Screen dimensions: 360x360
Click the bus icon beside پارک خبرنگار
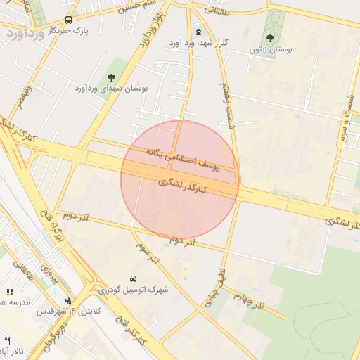68,20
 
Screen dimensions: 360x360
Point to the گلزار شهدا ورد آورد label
199,43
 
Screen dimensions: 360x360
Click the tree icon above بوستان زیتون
270,38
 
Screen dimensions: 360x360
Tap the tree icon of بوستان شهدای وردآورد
111,77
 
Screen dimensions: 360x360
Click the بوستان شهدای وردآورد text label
111,89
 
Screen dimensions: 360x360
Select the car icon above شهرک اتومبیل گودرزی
134,278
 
